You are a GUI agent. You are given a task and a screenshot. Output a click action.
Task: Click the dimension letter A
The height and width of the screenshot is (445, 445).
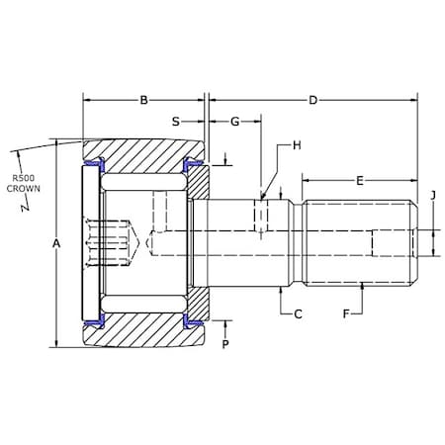[56, 243]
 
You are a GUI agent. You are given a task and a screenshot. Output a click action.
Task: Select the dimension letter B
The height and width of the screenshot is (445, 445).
[143, 100]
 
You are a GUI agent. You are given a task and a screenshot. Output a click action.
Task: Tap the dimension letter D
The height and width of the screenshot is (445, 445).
[312, 100]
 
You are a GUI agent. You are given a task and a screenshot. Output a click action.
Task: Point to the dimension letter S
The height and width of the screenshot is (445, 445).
[176, 122]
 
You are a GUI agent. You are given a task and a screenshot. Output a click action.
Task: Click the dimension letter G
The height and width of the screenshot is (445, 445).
[234, 122]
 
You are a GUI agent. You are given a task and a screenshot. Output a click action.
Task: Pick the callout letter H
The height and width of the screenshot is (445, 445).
[297, 145]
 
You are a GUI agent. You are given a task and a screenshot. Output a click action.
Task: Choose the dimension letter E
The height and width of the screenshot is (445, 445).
[360, 181]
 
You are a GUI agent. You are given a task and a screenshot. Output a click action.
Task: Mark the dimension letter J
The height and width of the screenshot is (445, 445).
[433, 195]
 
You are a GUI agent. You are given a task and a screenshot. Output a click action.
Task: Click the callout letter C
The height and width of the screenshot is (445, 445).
[298, 314]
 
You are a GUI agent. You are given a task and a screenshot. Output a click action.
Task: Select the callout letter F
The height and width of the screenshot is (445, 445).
[346, 313]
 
